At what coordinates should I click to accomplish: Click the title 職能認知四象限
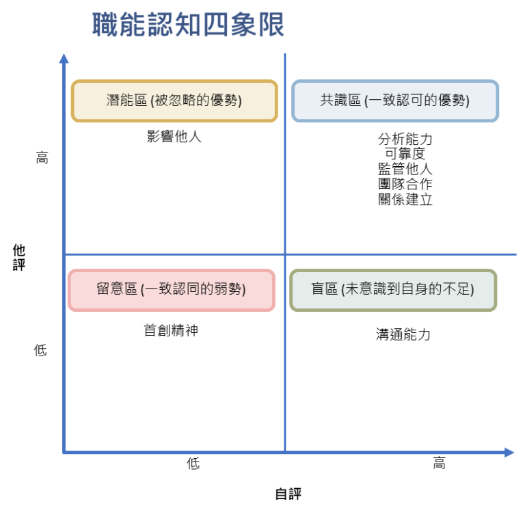click(188, 26)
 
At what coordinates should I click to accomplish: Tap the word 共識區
click(340, 101)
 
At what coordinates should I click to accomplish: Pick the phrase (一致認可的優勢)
click(417, 101)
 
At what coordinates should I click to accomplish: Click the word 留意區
click(117, 289)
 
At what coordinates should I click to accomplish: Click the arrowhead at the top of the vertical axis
click(64, 57)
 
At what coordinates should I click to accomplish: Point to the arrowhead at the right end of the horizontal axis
click(509, 453)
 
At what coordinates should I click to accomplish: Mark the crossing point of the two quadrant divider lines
click(285, 254)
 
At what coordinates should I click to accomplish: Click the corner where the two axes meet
click(64, 453)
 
